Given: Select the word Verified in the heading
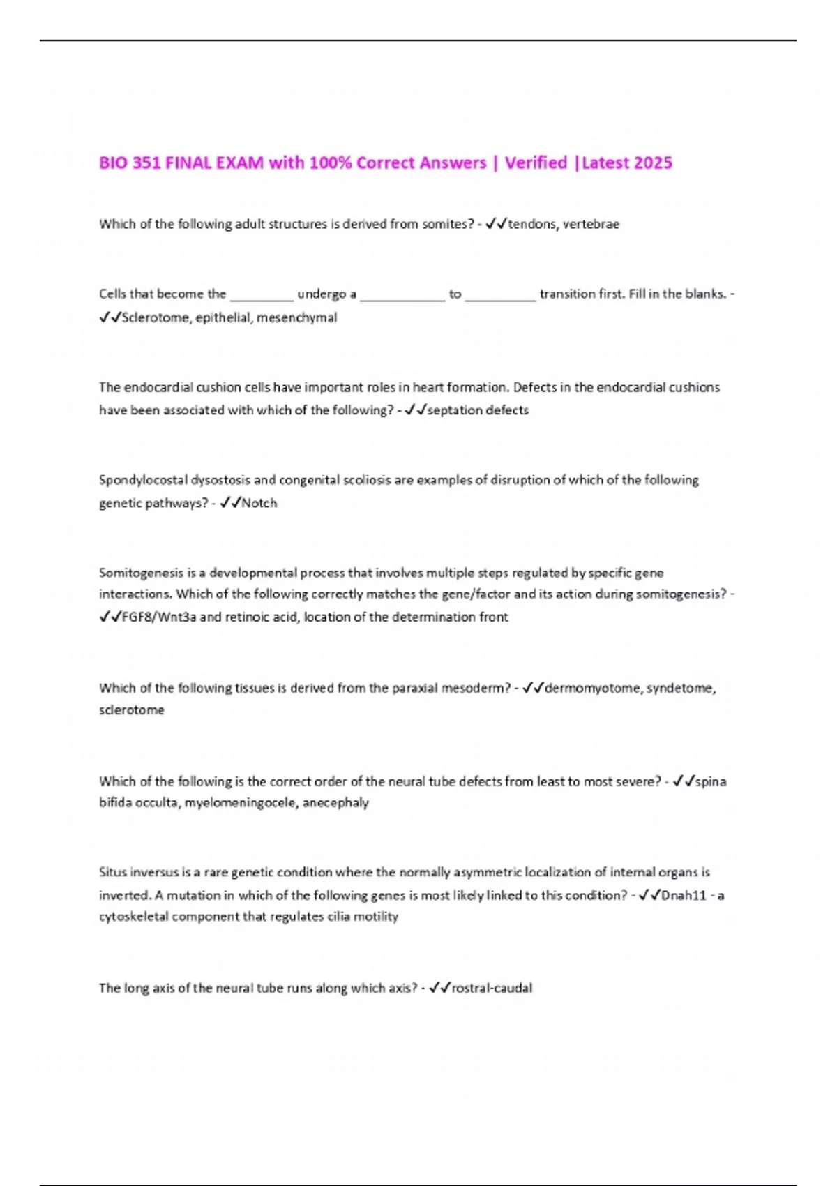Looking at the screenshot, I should (536, 163).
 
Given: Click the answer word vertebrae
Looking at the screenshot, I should (591, 225).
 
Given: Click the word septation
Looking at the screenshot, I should (454, 410).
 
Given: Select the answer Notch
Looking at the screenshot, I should (259, 503).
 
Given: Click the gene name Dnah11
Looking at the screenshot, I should (683, 896).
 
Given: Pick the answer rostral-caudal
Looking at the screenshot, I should (492, 989).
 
